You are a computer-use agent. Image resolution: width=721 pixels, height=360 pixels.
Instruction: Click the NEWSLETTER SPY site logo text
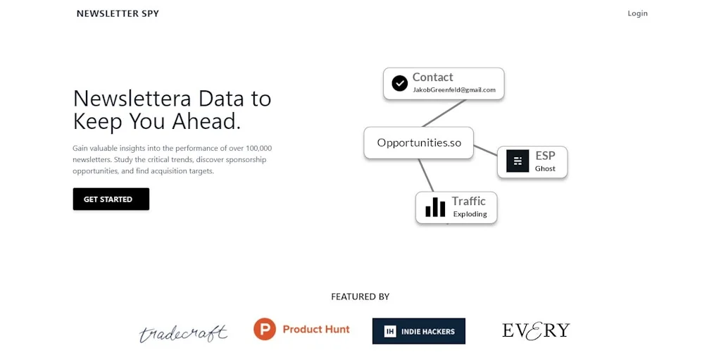tap(118, 13)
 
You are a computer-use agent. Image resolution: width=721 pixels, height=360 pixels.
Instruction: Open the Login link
tap(637, 13)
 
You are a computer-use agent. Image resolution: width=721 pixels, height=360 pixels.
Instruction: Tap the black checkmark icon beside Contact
tap(399, 83)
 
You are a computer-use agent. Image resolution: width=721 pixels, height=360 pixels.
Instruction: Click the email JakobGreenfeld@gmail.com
tap(454, 90)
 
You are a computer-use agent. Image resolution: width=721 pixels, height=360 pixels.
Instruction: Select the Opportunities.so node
tap(419, 143)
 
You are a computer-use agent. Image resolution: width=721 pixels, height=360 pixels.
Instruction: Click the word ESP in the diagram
tap(545, 156)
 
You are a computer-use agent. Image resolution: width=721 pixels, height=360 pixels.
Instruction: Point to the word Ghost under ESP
tap(545, 169)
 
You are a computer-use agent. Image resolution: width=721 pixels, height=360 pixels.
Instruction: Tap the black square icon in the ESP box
tap(518, 161)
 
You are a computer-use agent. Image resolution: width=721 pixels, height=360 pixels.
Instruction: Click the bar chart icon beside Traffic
tap(435, 207)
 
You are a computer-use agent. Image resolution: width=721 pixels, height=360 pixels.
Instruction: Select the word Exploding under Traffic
tap(470, 214)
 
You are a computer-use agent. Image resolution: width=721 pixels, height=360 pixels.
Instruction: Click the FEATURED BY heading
tap(360, 297)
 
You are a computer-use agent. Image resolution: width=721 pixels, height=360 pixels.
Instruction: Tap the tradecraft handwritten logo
tap(183, 333)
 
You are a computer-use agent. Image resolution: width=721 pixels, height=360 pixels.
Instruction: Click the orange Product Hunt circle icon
tap(265, 329)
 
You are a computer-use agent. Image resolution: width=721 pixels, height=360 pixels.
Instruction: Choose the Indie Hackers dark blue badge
tap(418, 331)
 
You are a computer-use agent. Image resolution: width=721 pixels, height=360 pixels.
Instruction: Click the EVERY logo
tap(536, 330)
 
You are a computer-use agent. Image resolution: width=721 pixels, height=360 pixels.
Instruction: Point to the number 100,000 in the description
tap(258, 149)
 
